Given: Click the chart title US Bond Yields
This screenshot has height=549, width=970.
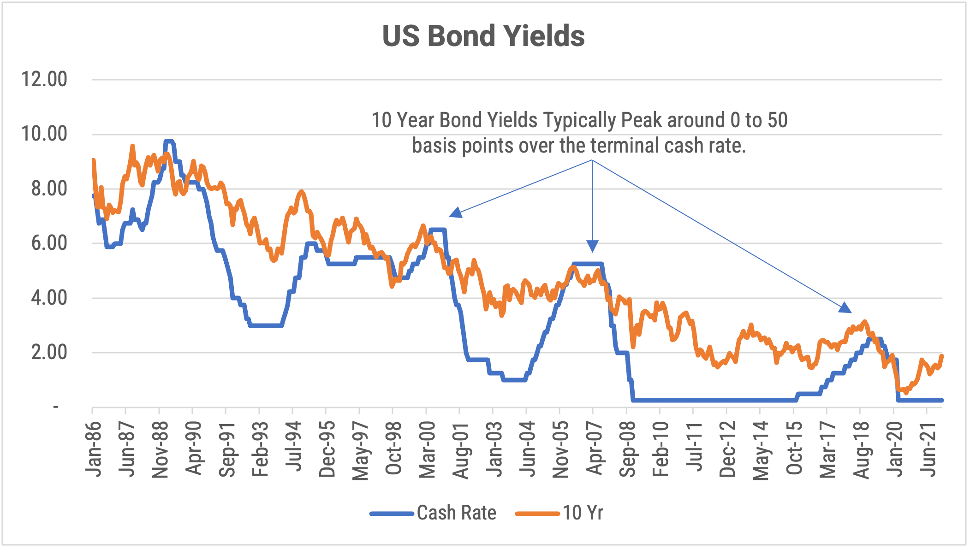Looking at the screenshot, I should coord(483,36).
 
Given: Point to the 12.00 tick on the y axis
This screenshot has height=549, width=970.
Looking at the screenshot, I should coord(44,79).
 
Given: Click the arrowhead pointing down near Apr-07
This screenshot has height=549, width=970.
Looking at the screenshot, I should coord(592,246).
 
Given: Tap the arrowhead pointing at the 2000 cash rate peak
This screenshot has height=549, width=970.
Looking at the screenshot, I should coord(455,213).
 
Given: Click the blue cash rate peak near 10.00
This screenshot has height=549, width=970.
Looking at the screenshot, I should coord(169,141).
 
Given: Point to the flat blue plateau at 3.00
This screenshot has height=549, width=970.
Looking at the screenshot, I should coord(265,325).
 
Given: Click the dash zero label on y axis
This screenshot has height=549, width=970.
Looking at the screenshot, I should coord(56,407).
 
